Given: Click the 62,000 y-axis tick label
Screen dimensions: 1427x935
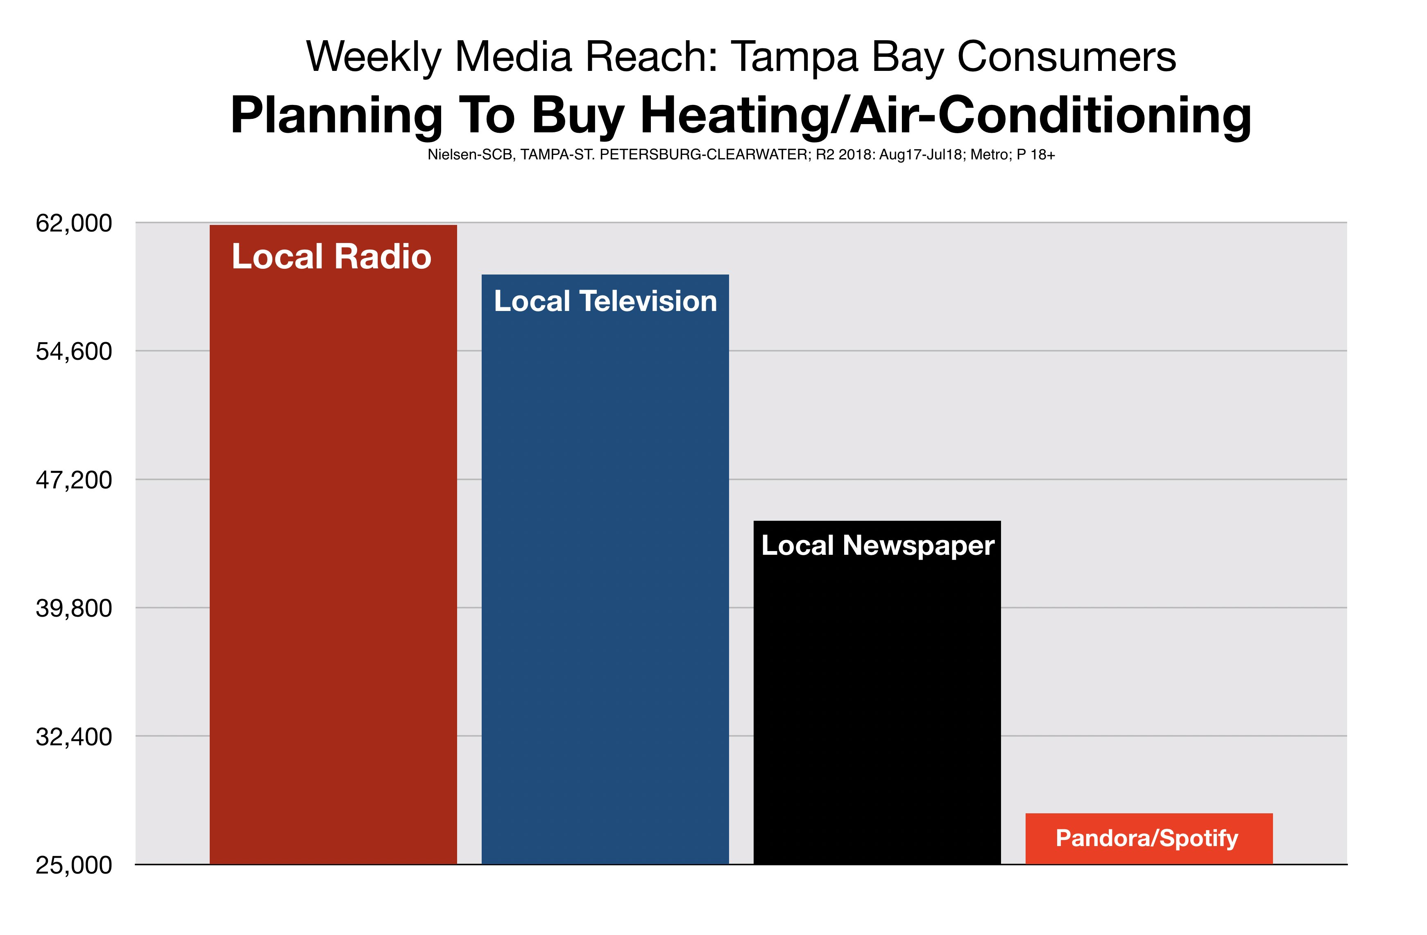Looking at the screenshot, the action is (x=74, y=223).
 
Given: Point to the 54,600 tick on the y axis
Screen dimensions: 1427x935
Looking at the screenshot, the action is (x=74, y=352).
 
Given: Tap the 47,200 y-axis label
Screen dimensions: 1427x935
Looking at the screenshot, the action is (x=74, y=480).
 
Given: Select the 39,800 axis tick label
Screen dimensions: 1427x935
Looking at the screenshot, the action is (x=74, y=608).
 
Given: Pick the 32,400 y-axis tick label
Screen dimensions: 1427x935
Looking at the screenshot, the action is (x=74, y=736).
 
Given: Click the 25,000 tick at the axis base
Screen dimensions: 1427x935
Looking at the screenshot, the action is (x=74, y=865).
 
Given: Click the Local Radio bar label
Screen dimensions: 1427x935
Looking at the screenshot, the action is (x=332, y=256).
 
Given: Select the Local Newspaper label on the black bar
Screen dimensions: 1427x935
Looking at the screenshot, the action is (x=878, y=546).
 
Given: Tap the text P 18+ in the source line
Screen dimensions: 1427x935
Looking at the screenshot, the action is (x=1035, y=155).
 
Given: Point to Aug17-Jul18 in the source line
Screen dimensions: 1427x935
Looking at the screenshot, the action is (x=920, y=155).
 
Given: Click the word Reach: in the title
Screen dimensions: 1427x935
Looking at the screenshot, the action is (x=651, y=57).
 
